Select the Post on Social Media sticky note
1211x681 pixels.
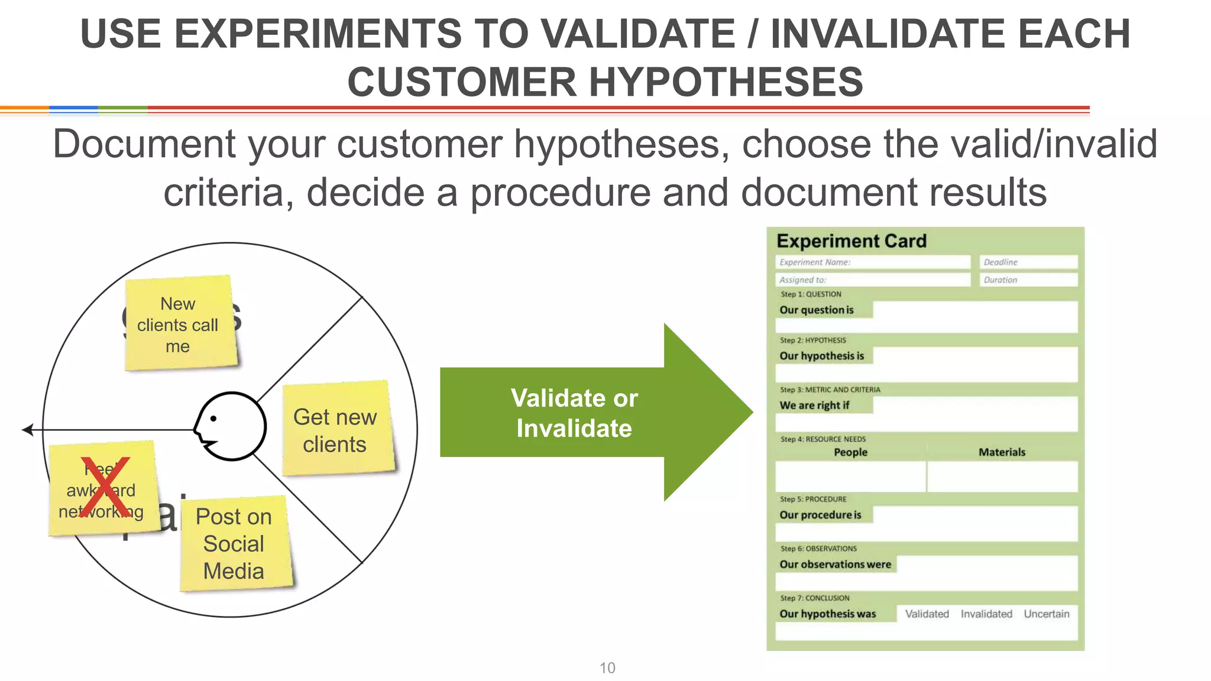(x=235, y=543)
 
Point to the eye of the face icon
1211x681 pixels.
(x=213, y=419)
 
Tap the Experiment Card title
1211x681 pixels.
(x=851, y=241)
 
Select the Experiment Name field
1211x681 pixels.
(x=872, y=262)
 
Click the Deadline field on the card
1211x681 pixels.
(x=1028, y=262)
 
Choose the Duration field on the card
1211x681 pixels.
(x=1028, y=280)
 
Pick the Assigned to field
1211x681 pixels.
(x=872, y=280)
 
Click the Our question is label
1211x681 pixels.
(x=817, y=310)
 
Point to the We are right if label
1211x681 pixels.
(x=814, y=406)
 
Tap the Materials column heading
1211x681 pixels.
(x=1002, y=452)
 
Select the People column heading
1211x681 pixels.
(x=850, y=452)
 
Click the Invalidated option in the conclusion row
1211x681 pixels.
(x=986, y=614)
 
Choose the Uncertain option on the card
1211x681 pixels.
(x=1046, y=614)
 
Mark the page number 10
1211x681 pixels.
(x=607, y=668)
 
